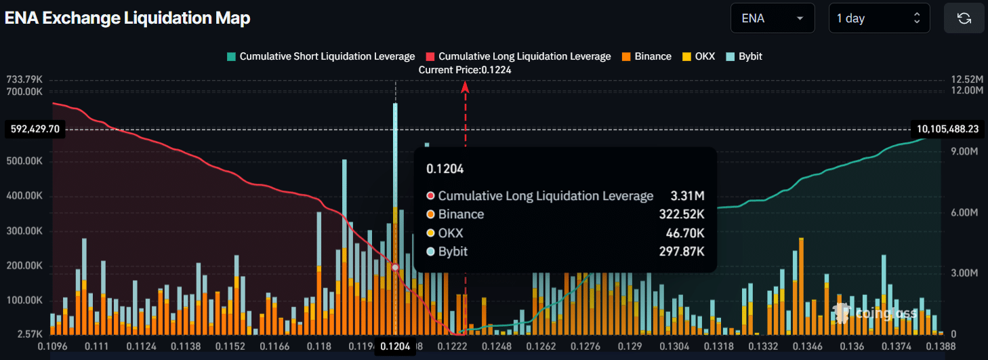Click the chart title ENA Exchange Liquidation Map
point(127,18)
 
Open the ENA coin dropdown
point(773,18)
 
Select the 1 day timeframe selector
point(879,18)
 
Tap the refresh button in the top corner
point(964,18)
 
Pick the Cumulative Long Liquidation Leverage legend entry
point(518,56)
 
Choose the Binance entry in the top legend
point(646,56)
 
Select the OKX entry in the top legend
point(699,56)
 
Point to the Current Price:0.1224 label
point(465,70)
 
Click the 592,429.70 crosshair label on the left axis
point(35,129)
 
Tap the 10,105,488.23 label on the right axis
point(947,129)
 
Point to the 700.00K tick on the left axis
point(24,90)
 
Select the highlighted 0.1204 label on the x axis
point(395,347)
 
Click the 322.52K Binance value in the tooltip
point(682,214)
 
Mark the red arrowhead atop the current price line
point(465,86)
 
